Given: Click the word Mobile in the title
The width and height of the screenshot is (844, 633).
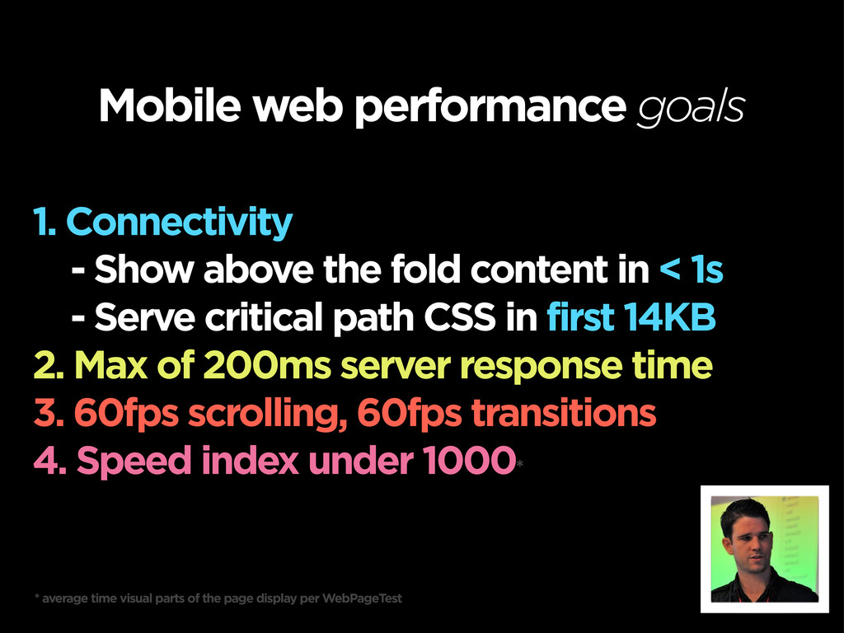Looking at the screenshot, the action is (170, 105).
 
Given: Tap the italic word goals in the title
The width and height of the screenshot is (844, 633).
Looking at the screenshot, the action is (692, 108).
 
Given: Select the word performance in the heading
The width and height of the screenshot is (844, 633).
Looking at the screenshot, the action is (490, 108).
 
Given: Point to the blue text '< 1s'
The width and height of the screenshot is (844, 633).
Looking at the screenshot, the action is (692, 270).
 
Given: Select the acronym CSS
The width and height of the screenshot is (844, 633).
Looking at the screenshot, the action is (459, 316).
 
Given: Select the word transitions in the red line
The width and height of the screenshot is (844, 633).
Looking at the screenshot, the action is (564, 413).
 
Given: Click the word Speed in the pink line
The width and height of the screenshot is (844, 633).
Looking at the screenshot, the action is (134, 462).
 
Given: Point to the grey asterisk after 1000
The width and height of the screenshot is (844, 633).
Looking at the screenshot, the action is (519, 463).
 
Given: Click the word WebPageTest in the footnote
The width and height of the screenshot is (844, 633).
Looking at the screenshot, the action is (363, 598).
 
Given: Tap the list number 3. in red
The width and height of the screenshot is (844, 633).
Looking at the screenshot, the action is (49, 413).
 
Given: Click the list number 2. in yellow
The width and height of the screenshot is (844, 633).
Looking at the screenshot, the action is (49, 365).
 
